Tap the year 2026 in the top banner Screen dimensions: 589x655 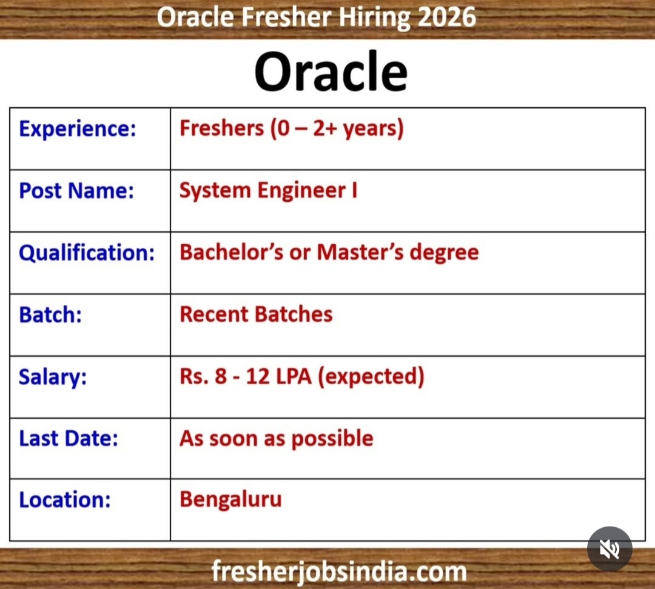[446, 17]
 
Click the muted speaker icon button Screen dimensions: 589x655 [610, 549]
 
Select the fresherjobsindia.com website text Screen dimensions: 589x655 [339, 571]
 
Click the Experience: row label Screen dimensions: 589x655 [78, 128]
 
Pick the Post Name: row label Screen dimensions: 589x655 [76, 190]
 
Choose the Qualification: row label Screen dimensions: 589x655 [87, 252]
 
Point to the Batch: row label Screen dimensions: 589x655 [50, 314]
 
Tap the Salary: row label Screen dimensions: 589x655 [53, 376]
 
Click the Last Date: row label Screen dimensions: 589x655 [69, 438]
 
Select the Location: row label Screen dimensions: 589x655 [65, 500]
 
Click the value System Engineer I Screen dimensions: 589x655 [268, 190]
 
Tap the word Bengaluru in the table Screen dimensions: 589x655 [230, 500]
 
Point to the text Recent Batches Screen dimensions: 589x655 [256, 314]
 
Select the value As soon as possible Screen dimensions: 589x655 [276, 438]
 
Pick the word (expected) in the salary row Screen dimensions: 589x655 [371, 376]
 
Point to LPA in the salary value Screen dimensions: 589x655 [294, 376]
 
